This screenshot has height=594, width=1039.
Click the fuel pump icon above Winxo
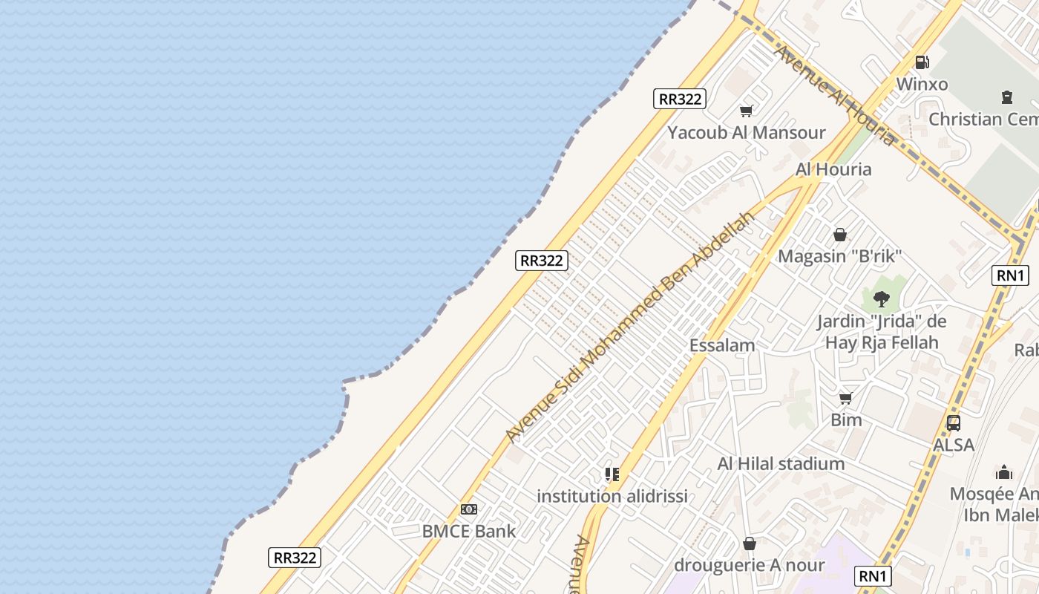pyautogui.click(x=922, y=62)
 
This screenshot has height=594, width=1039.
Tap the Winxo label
pyautogui.click(x=922, y=84)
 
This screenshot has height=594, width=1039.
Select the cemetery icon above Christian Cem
pyautogui.click(x=1007, y=97)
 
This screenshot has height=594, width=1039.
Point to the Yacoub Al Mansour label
pyautogui.click(x=746, y=133)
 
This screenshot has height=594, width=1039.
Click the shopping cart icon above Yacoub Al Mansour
pyautogui.click(x=746, y=111)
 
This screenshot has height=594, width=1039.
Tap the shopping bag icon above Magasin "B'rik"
pyautogui.click(x=839, y=235)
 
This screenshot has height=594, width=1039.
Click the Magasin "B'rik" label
pyautogui.click(x=839, y=257)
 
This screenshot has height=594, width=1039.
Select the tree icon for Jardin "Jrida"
pyautogui.click(x=881, y=299)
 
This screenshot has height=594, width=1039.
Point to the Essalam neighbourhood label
pyautogui.click(x=722, y=345)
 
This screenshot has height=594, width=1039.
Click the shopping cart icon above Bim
pyautogui.click(x=846, y=399)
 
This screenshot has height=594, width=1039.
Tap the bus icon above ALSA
pyautogui.click(x=954, y=423)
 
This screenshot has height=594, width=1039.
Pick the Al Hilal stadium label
pyautogui.click(x=781, y=464)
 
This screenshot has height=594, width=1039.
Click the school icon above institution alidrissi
pyautogui.click(x=612, y=474)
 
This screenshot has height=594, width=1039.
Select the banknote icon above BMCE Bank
pyautogui.click(x=468, y=509)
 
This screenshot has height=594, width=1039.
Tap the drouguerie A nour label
pyautogui.click(x=749, y=565)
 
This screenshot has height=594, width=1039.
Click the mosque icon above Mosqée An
pyautogui.click(x=1004, y=472)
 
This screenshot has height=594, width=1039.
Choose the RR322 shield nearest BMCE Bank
pyautogui.click(x=295, y=558)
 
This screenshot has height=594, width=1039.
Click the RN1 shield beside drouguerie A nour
pyautogui.click(x=873, y=576)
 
